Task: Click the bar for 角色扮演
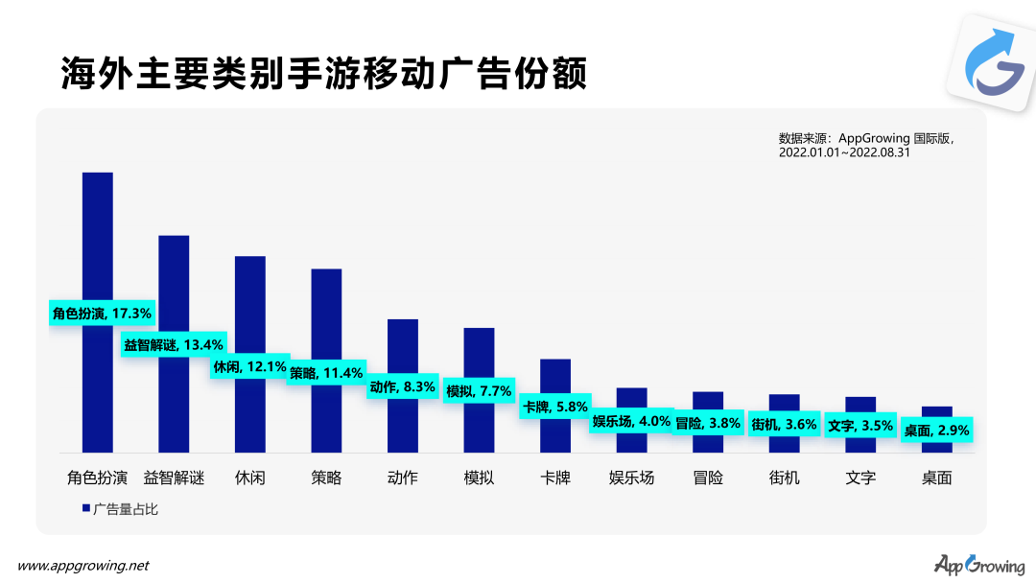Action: coord(97,240)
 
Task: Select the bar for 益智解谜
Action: coord(174,288)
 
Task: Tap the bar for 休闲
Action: coord(249,307)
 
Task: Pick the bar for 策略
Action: coord(326,316)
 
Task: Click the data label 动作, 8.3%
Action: coord(403,387)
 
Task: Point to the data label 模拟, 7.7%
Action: coord(480,391)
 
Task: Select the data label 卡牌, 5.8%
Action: coord(554,407)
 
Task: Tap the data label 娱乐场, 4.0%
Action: coord(630,421)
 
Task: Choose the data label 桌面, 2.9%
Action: coord(937,431)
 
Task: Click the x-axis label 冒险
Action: coord(708,478)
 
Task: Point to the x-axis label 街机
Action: coord(784,478)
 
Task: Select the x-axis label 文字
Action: coord(860,478)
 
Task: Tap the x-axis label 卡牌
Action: coord(555,478)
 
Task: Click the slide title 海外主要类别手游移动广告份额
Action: coord(323,74)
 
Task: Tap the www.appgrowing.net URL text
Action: coord(83,566)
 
